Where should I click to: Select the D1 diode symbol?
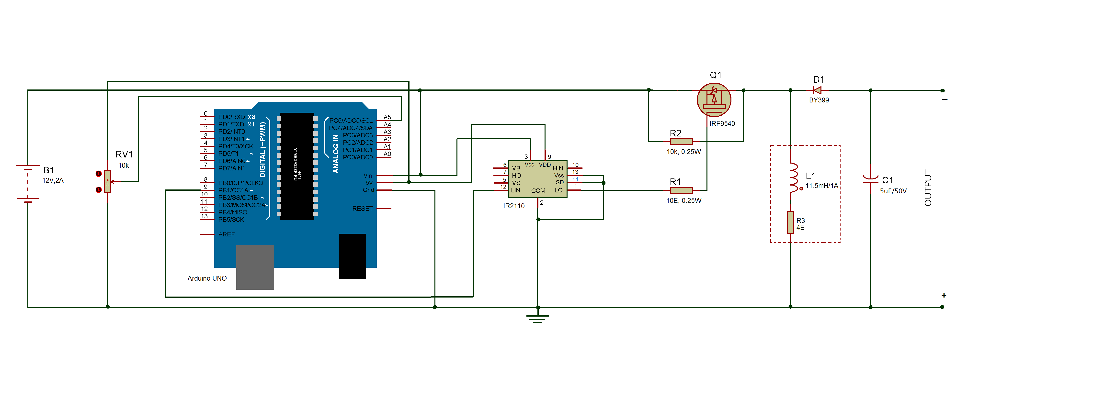(x=817, y=90)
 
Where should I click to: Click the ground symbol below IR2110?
(x=538, y=318)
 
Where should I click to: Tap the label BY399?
(x=819, y=100)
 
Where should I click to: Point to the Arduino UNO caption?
(x=207, y=278)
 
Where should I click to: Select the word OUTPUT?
(x=928, y=188)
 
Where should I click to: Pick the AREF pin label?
(x=226, y=234)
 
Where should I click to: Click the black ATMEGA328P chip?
(x=297, y=166)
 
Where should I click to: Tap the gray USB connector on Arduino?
(x=255, y=267)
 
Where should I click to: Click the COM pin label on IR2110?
(x=538, y=191)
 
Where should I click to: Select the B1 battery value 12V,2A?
(x=53, y=181)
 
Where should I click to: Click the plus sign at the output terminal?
(x=944, y=296)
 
